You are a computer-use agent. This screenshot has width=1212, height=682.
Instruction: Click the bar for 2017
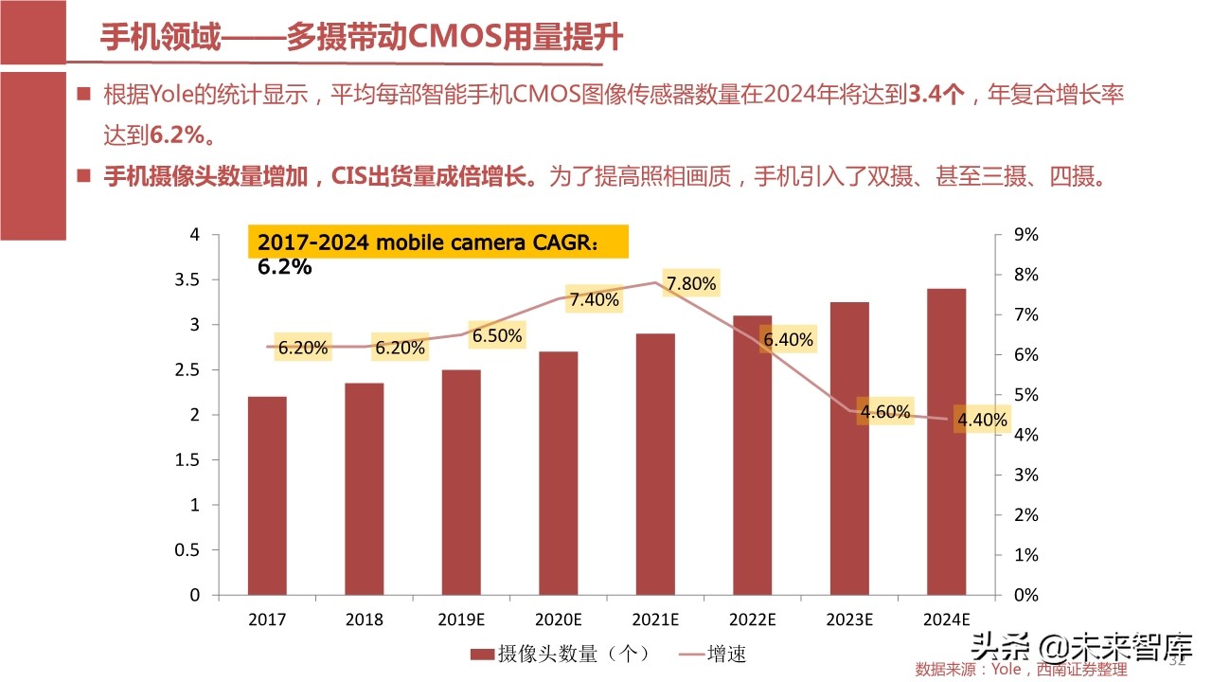(267, 495)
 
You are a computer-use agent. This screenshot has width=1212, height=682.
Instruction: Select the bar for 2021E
(655, 464)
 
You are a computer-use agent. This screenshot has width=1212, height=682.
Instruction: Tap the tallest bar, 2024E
(947, 441)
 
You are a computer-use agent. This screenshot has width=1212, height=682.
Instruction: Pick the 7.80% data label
(691, 284)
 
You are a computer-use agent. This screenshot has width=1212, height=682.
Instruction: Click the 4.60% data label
(885, 412)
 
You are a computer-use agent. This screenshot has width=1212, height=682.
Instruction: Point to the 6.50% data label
(497, 336)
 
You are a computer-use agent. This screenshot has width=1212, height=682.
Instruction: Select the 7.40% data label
(594, 300)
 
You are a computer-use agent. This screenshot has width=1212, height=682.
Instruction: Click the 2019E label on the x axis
(461, 620)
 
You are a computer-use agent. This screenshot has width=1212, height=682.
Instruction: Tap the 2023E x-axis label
(849, 620)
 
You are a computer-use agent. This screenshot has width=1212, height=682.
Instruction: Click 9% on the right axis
(1026, 235)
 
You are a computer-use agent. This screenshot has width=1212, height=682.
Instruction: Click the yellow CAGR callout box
(437, 242)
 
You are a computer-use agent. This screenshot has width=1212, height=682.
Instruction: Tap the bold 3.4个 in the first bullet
(936, 94)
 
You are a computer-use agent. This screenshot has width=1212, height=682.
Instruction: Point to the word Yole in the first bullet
(169, 94)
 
